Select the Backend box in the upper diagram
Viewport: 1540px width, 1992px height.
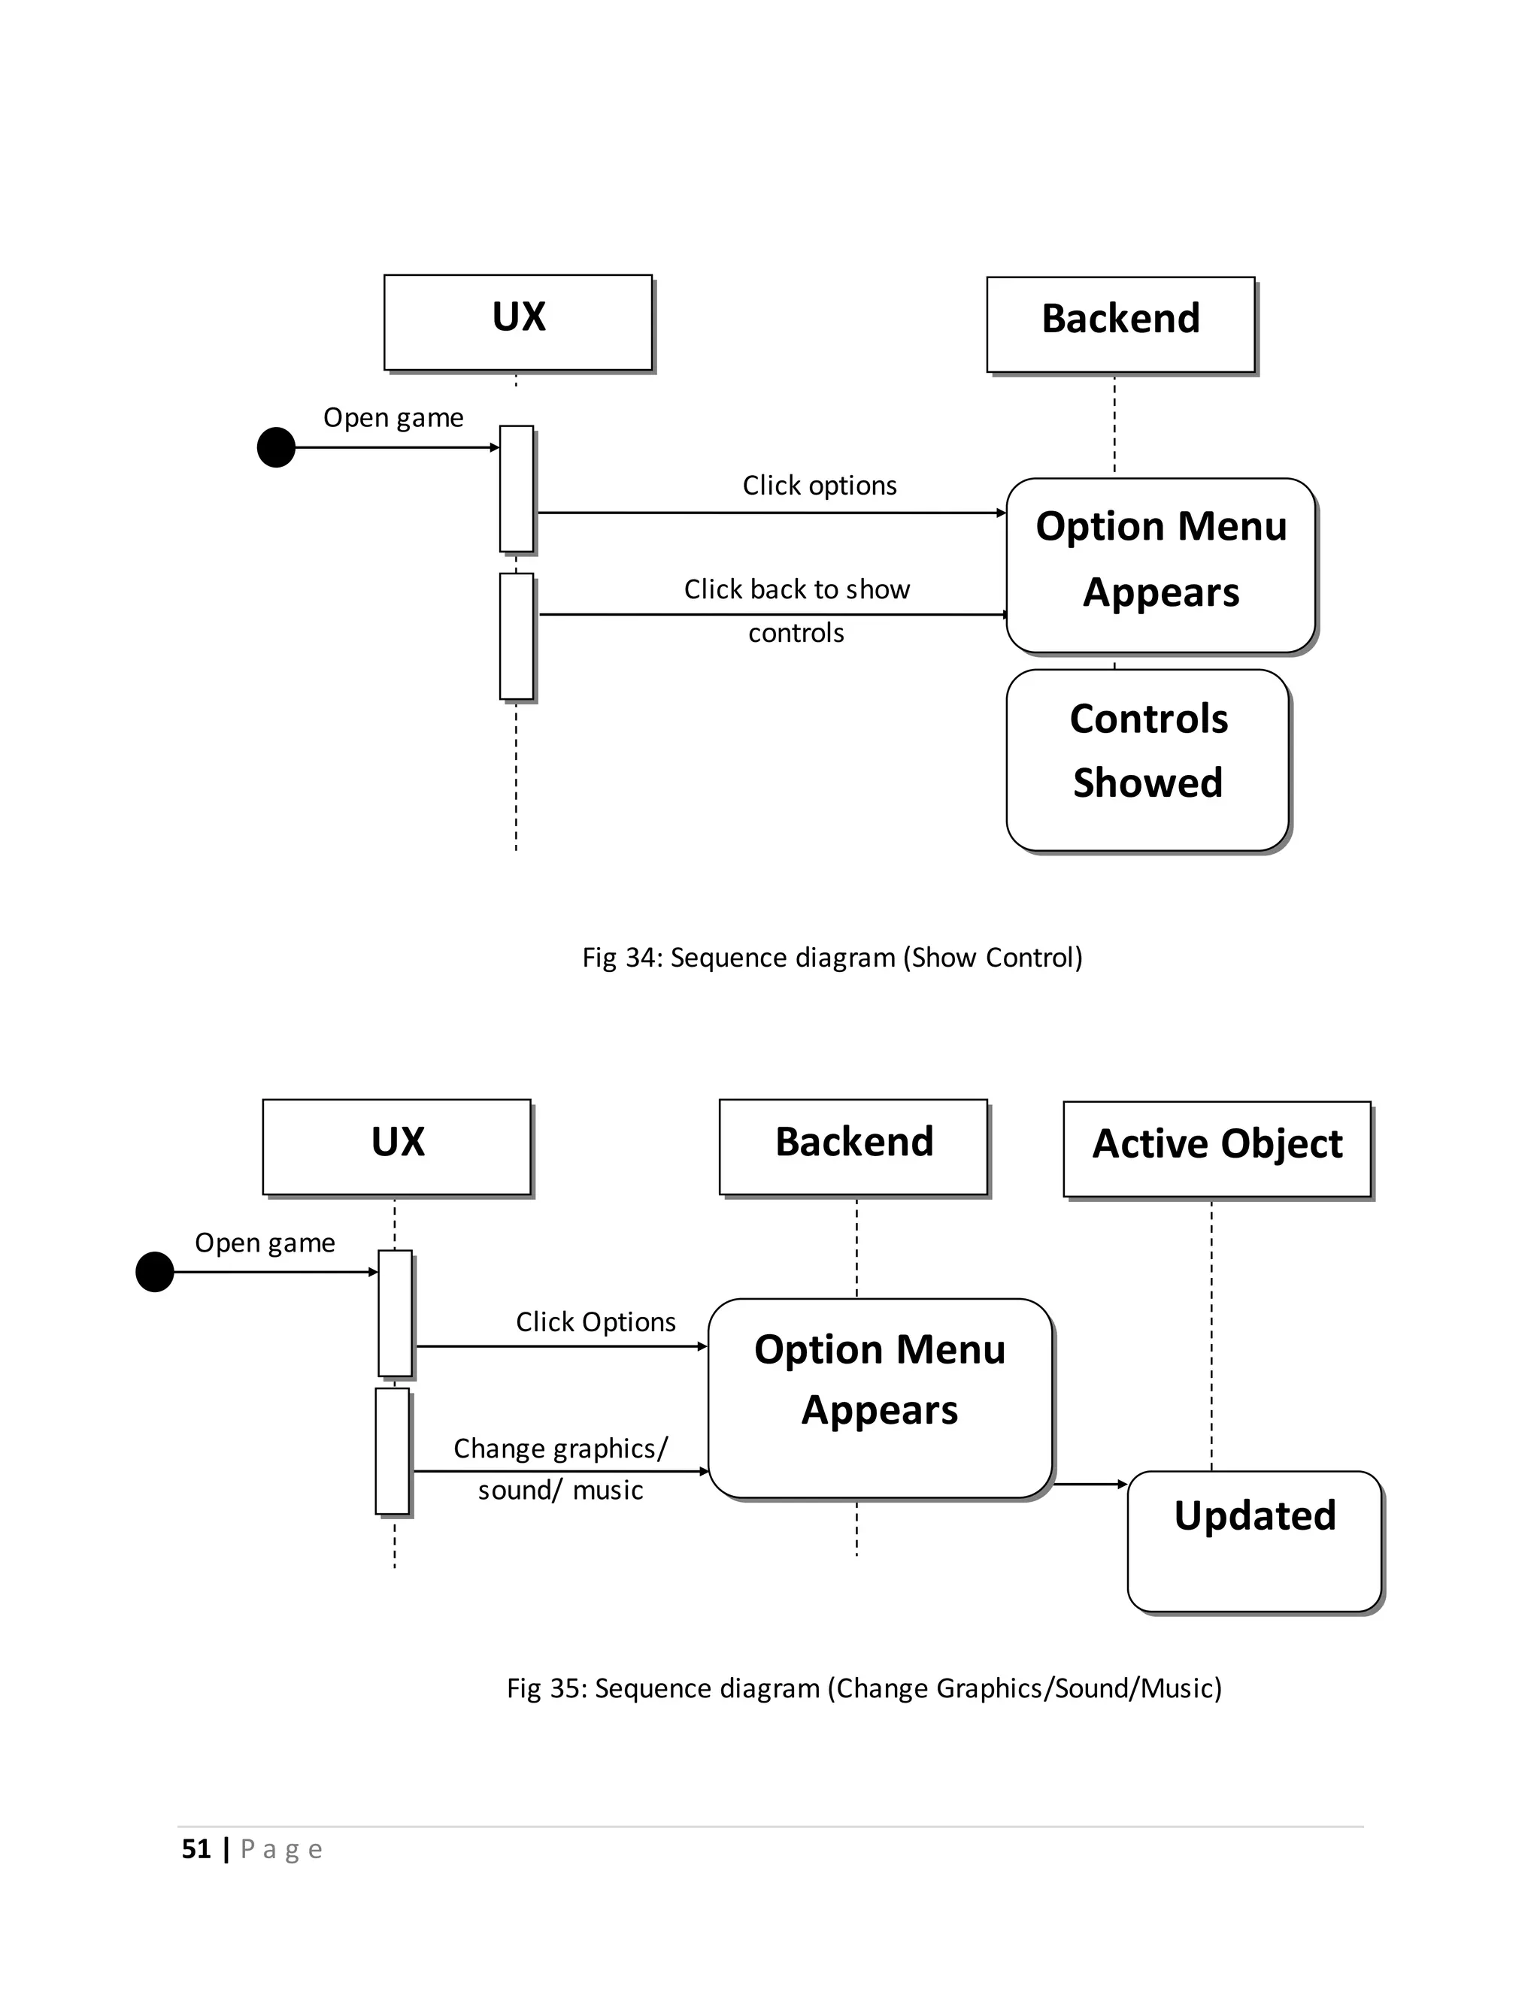(x=1120, y=324)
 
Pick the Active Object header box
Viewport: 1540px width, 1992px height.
(x=1217, y=1149)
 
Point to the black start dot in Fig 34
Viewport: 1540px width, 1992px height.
(x=277, y=448)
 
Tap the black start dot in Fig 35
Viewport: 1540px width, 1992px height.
(x=155, y=1271)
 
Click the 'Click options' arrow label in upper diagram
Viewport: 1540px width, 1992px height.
(x=820, y=486)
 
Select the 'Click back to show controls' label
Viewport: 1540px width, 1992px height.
(x=796, y=610)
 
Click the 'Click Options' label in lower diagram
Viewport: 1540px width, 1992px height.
(x=596, y=1321)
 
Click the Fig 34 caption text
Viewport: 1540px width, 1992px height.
(x=832, y=958)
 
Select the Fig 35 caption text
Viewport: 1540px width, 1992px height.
(x=864, y=1688)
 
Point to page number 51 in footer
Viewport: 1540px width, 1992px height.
(x=196, y=1849)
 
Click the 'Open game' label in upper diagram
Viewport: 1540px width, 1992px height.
(x=393, y=418)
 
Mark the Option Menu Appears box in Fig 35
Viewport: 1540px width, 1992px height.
(x=881, y=1397)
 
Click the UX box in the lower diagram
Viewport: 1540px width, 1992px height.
(x=397, y=1146)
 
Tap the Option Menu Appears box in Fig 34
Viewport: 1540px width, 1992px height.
(x=1160, y=565)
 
